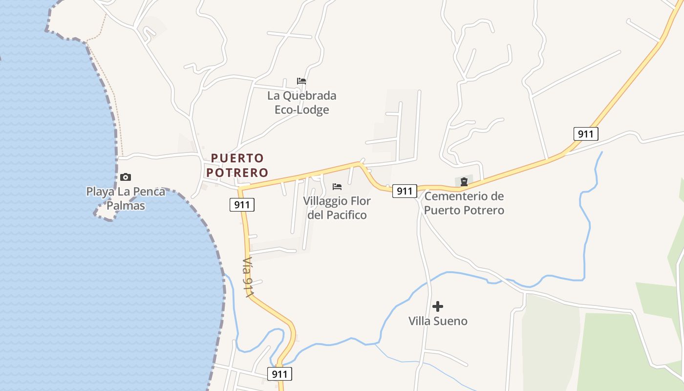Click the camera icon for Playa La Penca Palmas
pos(126,177)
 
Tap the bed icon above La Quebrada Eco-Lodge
pos(301,81)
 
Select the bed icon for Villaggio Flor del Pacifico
pos(337,186)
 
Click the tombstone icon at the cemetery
pos(464,182)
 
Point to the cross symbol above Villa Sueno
pos(438,306)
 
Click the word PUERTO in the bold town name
pos(237,158)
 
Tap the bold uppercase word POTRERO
pos(237,173)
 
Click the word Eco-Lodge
pos(301,110)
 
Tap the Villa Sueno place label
pos(438,321)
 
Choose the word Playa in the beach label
pos(99,192)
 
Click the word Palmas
pos(126,206)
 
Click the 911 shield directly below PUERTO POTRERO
pos(242,205)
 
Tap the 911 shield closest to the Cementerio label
pos(405,191)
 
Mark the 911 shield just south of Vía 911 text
pos(279,374)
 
